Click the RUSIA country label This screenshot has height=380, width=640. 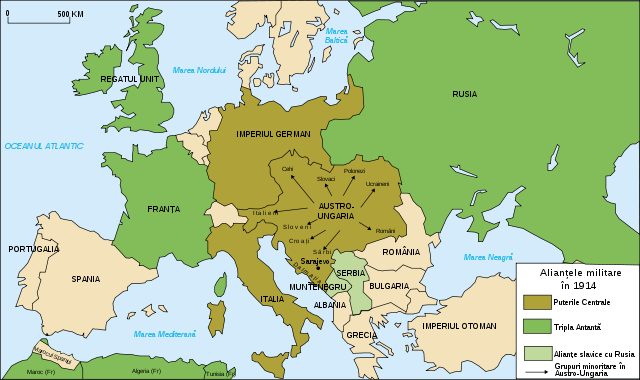click(x=464, y=94)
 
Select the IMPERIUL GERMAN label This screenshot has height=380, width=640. click(x=273, y=134)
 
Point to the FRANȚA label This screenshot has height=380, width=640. click(x=162, y=209)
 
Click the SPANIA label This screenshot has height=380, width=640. click(x=86, y=279)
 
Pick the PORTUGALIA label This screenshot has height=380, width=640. click(x=33, y=248)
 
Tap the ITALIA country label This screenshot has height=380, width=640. click(x=273, y=298)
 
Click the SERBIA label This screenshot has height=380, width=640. click(x=351, y=273)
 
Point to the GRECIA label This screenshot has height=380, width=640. click(x=361, y=334)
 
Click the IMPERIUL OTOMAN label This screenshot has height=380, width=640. click(x=459, y=326)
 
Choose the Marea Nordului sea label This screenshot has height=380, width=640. click(x=200, y=70)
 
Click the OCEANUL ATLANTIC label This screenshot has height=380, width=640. click(x=43, y=146)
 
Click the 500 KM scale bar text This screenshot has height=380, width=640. click(x=70, y=13)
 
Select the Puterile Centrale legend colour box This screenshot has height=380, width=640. click(x=537, y=300)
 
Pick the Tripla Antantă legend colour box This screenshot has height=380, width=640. click(x=537, y=326)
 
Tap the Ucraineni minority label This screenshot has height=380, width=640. click(x=377, y=184)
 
